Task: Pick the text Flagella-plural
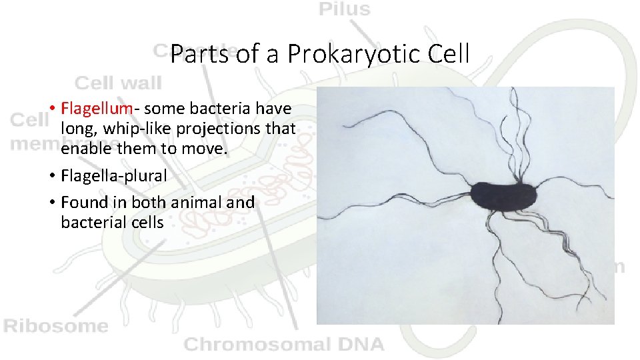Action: click(114, 176)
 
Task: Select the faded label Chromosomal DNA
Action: click(284, 344)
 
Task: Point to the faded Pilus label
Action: click(345, 9)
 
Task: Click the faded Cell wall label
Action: click(118, 83)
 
